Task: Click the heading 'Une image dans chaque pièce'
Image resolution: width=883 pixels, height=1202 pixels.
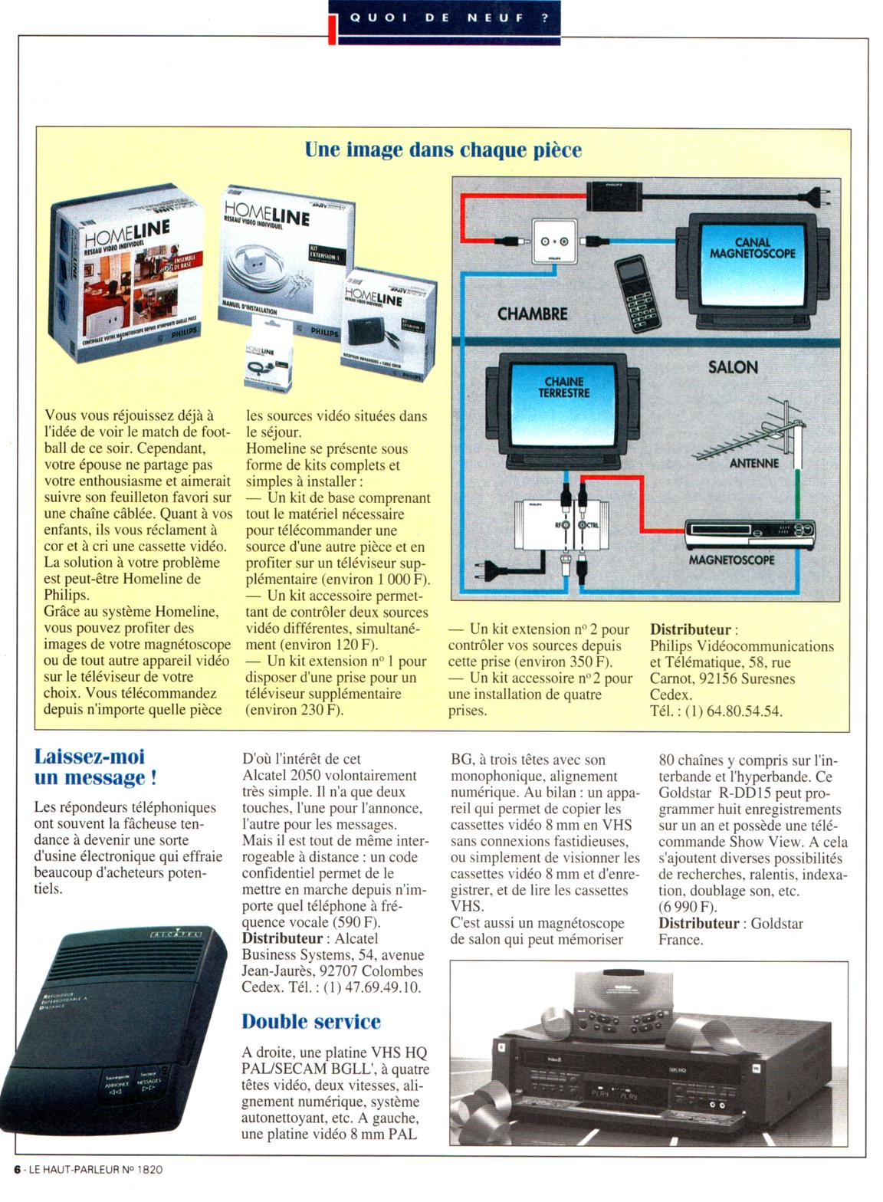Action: pyautogui.click(x=443, y=149)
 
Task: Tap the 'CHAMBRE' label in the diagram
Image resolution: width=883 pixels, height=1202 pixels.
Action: pyautogui.click(x=532, y=314)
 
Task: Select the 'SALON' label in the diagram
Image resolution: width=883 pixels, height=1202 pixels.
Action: pyautogui.click(x=733, y=367)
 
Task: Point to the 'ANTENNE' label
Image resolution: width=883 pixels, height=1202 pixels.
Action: pyautogui.click(x=753, y=463)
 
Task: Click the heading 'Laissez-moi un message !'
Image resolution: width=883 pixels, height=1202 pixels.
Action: pyautogui.click(x=95, y=767)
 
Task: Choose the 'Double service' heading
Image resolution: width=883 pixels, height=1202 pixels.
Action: pyautogui.click(x=311, y=1022)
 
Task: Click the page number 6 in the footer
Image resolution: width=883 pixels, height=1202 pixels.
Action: pyautogui.click(x=17, y=1169)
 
